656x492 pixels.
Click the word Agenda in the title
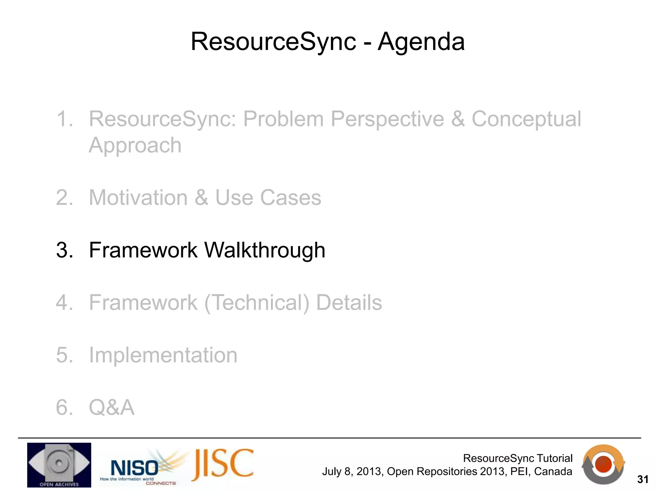point(421,42)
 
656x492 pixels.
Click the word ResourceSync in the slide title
point(273,42)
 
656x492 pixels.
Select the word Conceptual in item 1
point(526,119)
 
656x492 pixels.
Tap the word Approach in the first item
point(135,146)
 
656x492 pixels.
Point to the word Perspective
point(387,119)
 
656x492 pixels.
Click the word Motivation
point(138,198)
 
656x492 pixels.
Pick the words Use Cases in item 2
point(268,198)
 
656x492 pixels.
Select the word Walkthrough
point(265,250)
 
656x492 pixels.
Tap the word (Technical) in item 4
point(257,303)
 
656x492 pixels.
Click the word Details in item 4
point(349,303)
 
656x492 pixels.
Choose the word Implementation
point(163,355)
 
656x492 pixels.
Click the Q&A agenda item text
point(111,408)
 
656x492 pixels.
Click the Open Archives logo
point(59,465)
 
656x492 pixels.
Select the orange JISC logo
point(223,464)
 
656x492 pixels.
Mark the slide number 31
point(643,480)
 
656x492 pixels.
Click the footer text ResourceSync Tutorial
point(517,458)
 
